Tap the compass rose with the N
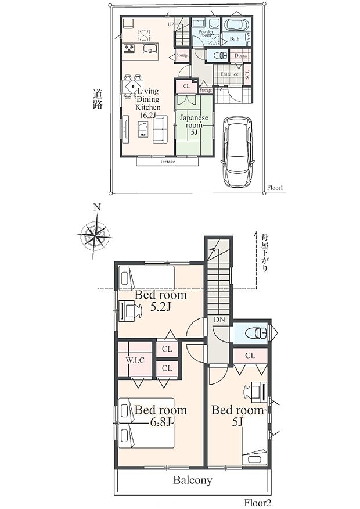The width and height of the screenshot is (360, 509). pos(95,235)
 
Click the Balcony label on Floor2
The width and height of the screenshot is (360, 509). pos(192,481)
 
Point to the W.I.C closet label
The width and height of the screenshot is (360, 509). pos(135,360)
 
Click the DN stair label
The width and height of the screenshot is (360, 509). pos(219,320)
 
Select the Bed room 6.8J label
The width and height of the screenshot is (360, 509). pos(160,416)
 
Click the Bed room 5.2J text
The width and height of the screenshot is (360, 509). pos(160,301)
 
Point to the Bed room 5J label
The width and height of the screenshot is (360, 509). pos(237,416)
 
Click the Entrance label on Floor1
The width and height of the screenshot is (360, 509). pos(229,74)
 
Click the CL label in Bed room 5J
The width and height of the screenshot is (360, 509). pos(250,355)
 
